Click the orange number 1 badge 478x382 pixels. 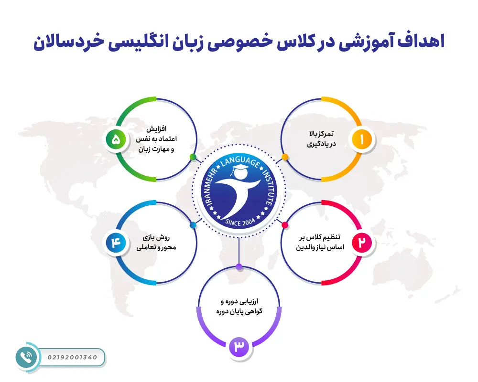pos(362,139)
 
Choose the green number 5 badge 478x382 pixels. pos(116,139)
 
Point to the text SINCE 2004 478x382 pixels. pos(239,222)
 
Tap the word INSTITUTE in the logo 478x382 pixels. pos(269,189)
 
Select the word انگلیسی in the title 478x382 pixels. pos(163,41)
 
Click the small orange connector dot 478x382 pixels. pos(285,157)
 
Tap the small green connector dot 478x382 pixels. pos(193,157)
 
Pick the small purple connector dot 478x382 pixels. pos(239,266)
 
